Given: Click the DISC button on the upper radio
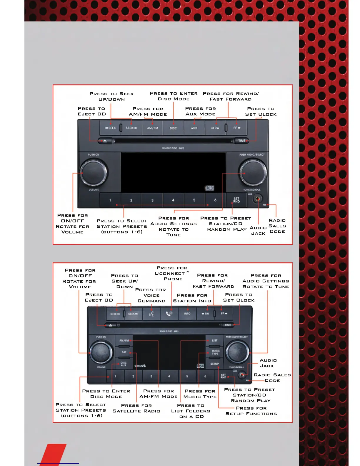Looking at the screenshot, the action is point(173,128).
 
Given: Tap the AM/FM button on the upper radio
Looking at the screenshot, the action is point(152,128).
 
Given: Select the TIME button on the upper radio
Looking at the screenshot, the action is point(242,141).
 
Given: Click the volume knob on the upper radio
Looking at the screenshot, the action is point(94,172).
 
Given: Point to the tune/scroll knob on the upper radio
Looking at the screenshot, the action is point(253,172).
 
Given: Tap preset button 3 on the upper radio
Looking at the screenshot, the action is point(152,200).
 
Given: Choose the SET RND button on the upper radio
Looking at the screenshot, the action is point(236,200).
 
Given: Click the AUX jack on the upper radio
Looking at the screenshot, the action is point(258,199).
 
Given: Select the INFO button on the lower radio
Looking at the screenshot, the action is point(187,314).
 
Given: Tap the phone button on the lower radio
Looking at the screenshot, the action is point(169,314).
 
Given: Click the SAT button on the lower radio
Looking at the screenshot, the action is point(124,352).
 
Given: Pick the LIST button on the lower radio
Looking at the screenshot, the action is point(215,340).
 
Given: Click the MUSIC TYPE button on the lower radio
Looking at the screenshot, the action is point(215,352).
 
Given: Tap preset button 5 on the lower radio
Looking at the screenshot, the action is point(187,376).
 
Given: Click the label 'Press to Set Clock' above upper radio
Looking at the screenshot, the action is point(261,111).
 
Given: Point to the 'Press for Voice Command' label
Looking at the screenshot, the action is point(151,295).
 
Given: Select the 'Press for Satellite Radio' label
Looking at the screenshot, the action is point(136,408).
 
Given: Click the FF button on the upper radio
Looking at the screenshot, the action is point(237,128).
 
